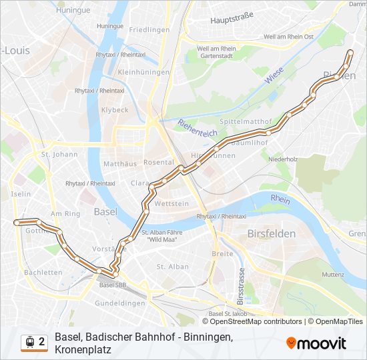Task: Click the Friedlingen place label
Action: point(149,30)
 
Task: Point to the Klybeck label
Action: point(115,109)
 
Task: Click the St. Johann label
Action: point(55,155)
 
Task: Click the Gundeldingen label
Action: point(121,303)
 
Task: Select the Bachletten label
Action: point(43,273)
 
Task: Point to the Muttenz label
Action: point(332,274)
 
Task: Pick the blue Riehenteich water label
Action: point(198,128)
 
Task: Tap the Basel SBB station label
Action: point(113,285)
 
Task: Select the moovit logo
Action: point(316,343)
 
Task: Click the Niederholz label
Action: point(283,159)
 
